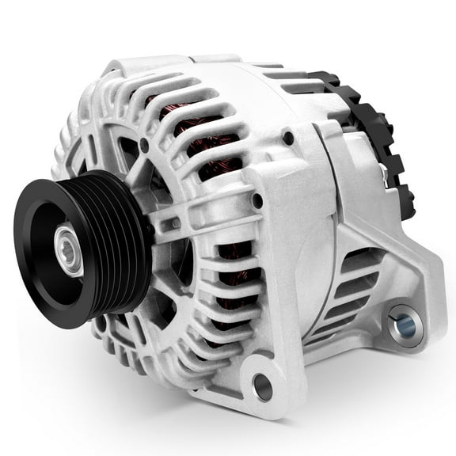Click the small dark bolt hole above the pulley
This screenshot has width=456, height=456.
point(143,145)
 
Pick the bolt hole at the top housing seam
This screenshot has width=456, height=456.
point(288,138)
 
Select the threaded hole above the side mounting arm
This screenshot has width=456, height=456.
point(257,201)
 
